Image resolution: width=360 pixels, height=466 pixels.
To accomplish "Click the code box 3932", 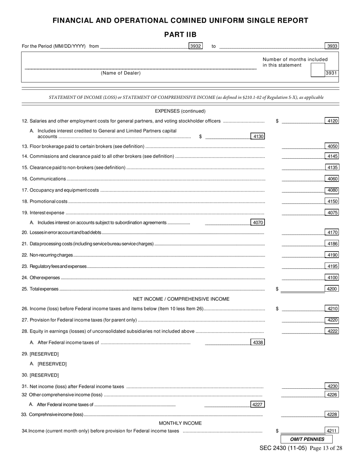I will coord(196,46).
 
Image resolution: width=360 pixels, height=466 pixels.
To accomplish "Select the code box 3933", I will coord(332,46).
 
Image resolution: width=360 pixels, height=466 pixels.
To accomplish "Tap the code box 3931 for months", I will coord(332,73).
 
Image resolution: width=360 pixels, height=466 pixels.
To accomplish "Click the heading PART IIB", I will coord(180,35).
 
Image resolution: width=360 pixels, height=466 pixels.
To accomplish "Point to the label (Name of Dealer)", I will coord(121,73).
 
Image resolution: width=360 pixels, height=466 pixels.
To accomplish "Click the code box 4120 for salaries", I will coord(332,121).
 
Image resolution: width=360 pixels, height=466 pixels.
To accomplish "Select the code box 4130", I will coord(258,136).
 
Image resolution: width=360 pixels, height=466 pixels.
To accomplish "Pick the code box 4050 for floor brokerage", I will coord(332,146).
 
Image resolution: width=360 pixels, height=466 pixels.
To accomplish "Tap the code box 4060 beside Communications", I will coord(332,179).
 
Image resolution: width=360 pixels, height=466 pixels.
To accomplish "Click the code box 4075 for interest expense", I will coord(332,213).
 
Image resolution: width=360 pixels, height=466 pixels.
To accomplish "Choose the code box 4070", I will coord(258,222).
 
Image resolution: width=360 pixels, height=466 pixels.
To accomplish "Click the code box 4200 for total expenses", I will coord(332,289).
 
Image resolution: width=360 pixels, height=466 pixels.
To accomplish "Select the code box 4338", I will coord(258,342).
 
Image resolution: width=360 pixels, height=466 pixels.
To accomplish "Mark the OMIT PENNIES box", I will coord(307,439).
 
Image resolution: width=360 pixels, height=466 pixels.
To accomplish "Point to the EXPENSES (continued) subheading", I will coord(180,111).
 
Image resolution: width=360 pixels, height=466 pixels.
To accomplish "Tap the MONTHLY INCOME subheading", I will coord(180,423).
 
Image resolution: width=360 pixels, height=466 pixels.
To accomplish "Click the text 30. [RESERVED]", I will coord(40,375).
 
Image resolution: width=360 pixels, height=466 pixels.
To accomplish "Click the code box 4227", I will coord(258,404).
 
